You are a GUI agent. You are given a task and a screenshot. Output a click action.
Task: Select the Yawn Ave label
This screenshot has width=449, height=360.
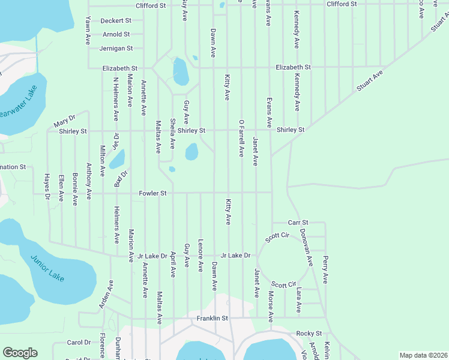[x=88, y=30]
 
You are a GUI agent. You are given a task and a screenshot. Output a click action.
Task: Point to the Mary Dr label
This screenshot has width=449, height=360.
[x=64, y=122]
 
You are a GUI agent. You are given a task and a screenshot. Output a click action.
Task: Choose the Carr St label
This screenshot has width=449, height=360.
[x=298, y=222]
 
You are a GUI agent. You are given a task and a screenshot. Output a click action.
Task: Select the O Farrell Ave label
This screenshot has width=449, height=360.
[x=241, y=138]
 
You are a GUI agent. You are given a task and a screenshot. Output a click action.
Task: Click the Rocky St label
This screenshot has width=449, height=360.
[x=309, y=333]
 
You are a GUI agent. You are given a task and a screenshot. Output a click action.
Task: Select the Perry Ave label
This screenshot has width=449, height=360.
[x=325, y=269]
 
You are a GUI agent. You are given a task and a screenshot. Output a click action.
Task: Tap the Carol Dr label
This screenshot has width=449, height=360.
[x=78, y=343]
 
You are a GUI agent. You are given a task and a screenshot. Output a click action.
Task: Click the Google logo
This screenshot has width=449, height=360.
[x=20, y=353]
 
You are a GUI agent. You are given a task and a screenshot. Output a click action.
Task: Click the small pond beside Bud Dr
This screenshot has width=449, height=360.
[x=116, y=159]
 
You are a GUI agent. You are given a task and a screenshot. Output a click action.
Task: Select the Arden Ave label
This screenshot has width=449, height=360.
[x=106, y=295]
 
